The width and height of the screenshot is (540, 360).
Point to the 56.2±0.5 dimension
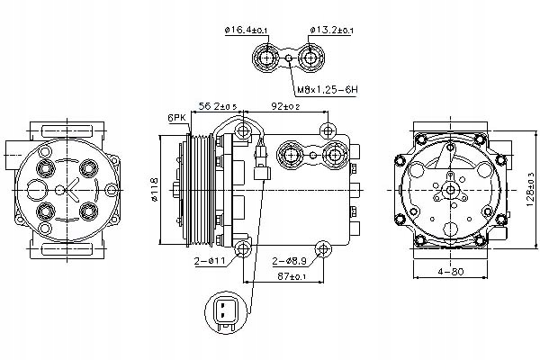pos(218,107)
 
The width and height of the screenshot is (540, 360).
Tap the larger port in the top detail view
pos(267,60)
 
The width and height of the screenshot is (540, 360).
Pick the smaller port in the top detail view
pos(312,60)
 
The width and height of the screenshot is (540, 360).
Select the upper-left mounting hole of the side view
pos(243,133)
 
